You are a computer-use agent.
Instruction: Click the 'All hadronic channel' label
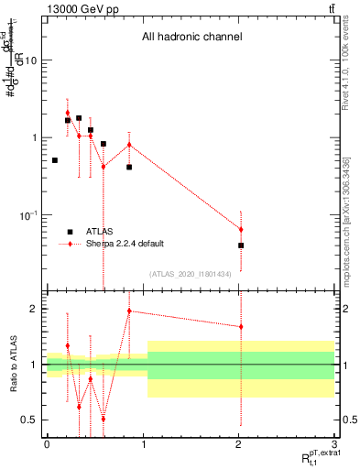[191, 38]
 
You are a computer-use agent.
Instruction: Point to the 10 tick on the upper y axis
[31, 60]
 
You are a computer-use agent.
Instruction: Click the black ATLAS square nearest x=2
[241, 245]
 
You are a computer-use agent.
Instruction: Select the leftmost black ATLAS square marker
[55, 160]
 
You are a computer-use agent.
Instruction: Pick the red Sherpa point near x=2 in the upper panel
[241, 229]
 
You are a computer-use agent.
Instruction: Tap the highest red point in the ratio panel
[129, 311]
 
